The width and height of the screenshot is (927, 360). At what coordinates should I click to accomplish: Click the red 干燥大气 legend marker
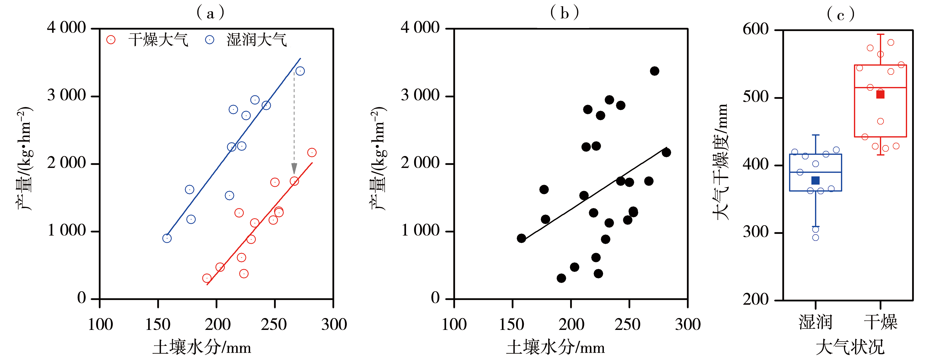(111, 40)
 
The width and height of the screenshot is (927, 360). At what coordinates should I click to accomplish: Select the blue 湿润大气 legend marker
(209, 40)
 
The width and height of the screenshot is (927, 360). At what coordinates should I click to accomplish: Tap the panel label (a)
(211, 13)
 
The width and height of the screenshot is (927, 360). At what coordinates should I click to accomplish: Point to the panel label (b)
(564, 13)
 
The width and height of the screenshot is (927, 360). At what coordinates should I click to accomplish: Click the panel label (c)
(841, 15)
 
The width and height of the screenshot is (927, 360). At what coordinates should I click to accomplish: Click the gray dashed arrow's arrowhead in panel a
(294, 168)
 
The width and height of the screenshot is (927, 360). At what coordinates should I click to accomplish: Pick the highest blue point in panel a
(300, 71)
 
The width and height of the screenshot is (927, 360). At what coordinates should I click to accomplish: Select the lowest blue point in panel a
(167, 238)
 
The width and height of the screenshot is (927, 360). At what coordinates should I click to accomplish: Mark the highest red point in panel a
(312, 153)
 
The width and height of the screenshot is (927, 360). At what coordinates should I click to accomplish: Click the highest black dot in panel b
(655, 71)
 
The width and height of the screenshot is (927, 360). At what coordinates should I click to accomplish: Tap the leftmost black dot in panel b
(521, 238)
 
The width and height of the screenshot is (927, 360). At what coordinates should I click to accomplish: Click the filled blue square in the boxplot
(816, 180)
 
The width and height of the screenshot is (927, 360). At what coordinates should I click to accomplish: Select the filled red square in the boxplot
(880, 95)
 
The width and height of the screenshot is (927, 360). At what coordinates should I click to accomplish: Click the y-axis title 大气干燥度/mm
(721, 162)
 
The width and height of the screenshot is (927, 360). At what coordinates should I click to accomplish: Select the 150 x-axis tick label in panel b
(512, 324)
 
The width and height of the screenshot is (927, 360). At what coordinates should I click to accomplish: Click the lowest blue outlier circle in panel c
(816, 237)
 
